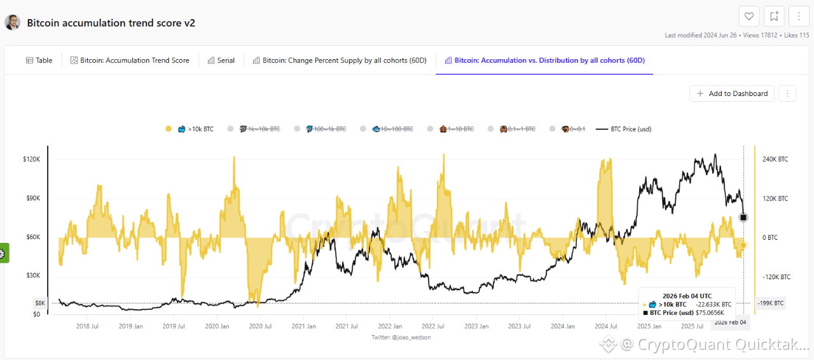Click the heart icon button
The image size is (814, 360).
pos(749,17)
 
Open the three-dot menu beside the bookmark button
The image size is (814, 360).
pos(799,17)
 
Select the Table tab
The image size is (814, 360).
pos(39,60)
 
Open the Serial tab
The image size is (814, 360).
pos(221,60)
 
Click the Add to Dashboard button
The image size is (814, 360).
pos(732,93)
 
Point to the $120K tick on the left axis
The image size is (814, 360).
pos(31,159)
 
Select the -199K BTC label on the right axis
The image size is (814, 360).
pos(771,303)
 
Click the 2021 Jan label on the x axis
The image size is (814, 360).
pos(303,326)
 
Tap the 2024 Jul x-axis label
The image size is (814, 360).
pos(606,326)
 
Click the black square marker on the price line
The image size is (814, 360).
pos(744,218)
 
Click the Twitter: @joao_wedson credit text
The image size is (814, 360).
pos(401,337)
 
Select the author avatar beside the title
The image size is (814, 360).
pos(12,23)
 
